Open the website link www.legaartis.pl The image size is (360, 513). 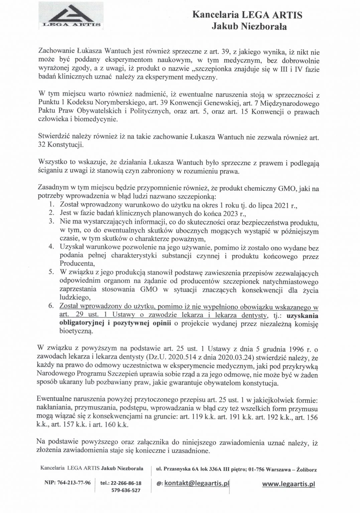(288, 484)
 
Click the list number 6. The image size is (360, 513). (51, 306)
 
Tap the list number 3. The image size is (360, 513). (51, 221)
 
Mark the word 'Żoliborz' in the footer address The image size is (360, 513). (304, 469)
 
